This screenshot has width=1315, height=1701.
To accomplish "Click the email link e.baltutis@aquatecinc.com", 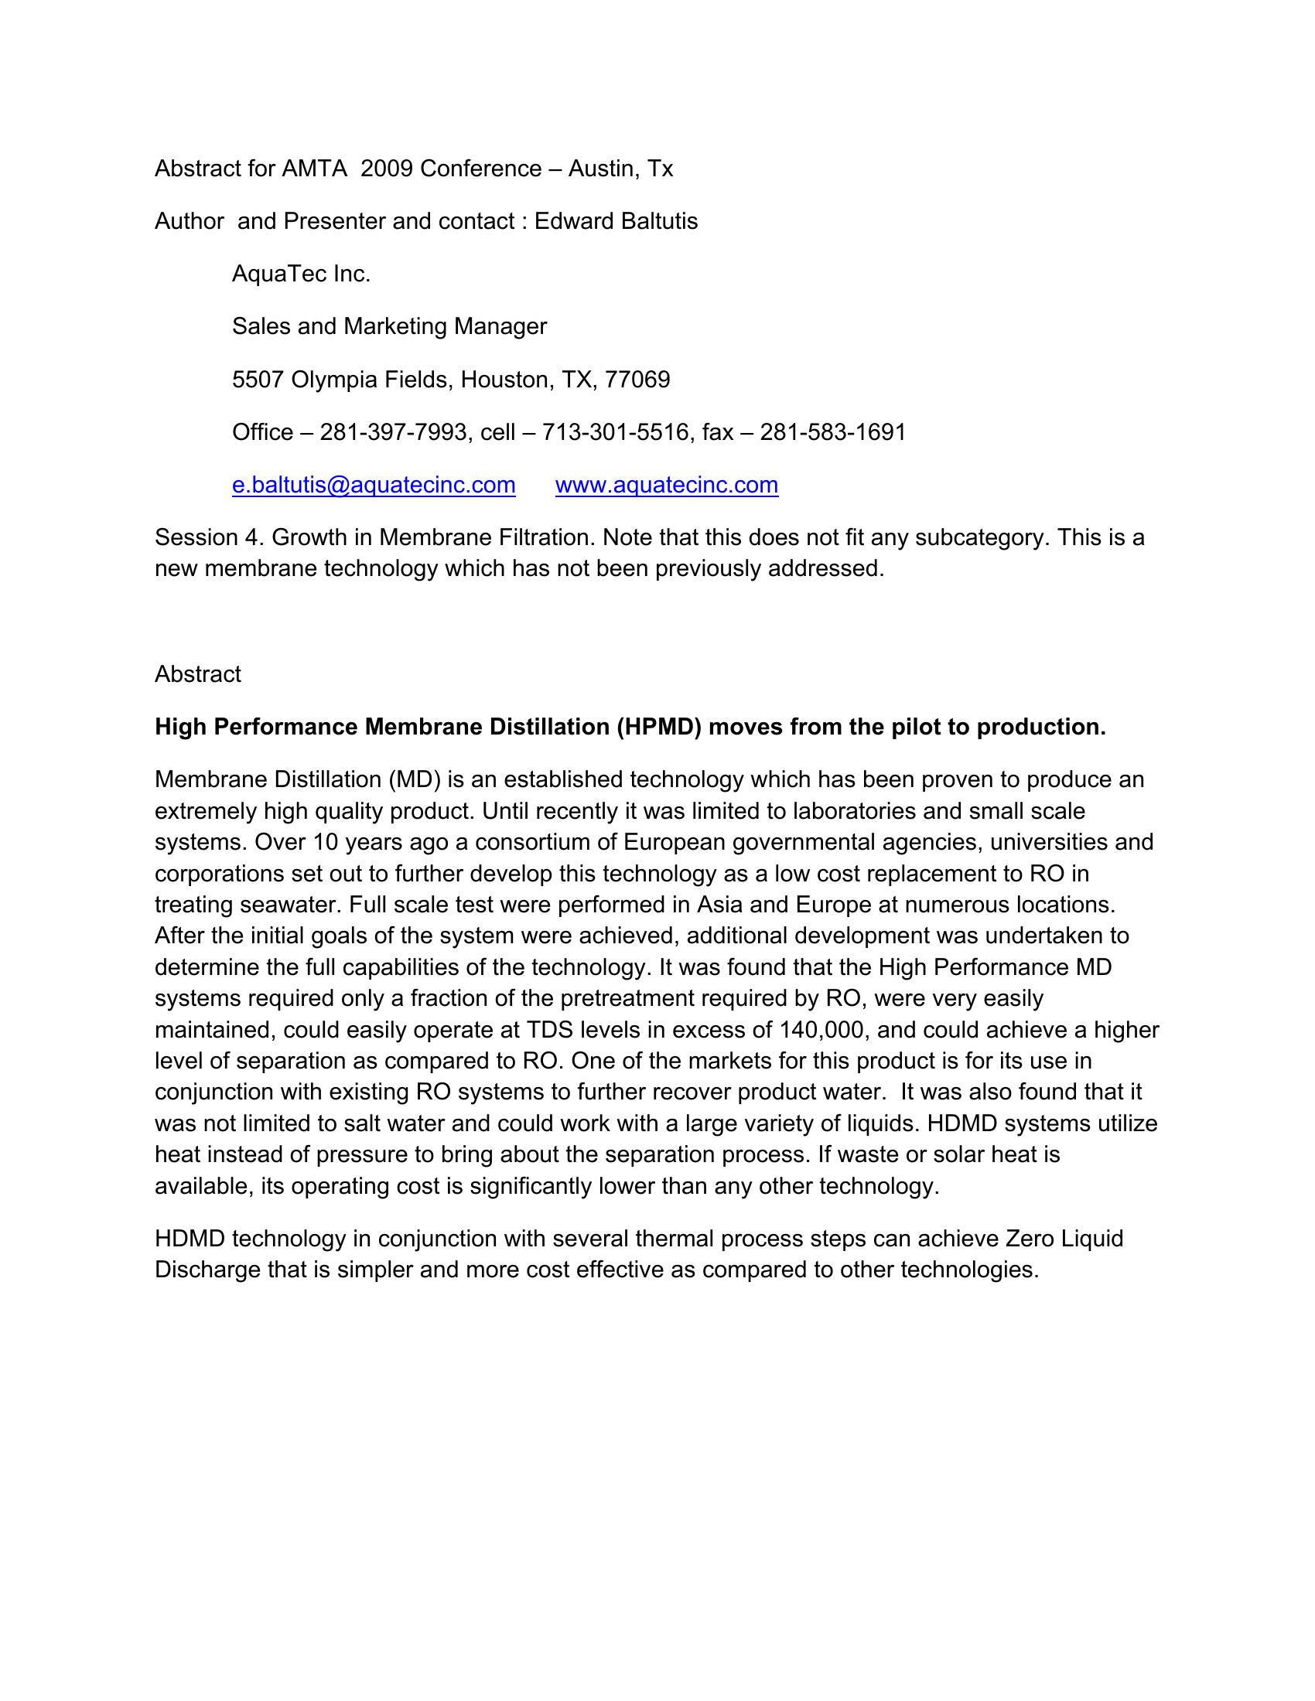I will (x=373, y=485).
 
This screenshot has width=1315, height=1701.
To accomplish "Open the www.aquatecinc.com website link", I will (x=666, y=485).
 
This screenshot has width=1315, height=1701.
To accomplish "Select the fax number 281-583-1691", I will (x=833, y=431).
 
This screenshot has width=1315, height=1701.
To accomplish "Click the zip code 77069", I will (x=637, y=380).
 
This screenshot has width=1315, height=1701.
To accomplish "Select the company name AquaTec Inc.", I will (x=301, y=274).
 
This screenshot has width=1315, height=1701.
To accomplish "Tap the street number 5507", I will (x=258, y=380).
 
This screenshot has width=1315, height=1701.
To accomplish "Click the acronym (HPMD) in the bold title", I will (x=661, y=727).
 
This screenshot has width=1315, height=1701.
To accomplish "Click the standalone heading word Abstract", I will (x=198, y=673).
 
